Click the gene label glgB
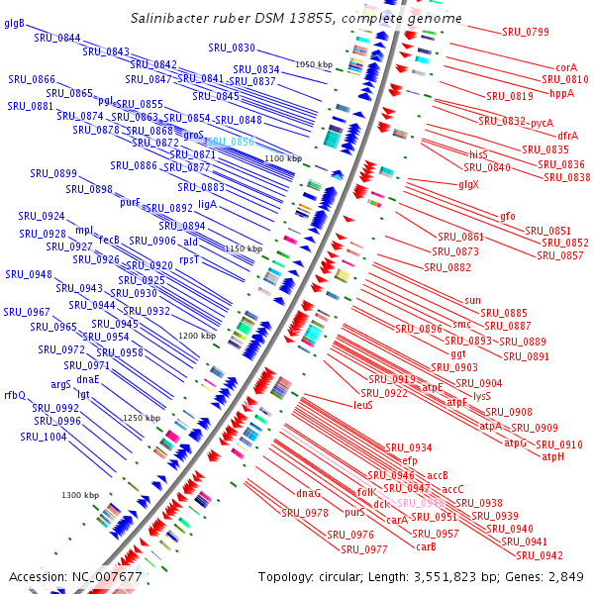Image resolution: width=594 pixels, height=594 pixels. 15,23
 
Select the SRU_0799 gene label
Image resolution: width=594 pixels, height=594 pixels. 525,32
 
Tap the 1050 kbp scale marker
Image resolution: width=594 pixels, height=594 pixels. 314,64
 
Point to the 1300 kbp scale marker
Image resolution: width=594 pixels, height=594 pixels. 80,495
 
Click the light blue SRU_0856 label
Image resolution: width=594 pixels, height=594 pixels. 230,143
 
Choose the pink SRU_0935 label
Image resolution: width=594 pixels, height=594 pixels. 421,503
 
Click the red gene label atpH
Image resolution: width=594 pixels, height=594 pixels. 552,456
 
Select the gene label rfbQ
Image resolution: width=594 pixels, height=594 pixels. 15,395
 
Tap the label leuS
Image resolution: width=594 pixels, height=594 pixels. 362,405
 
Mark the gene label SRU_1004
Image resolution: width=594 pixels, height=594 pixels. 44,436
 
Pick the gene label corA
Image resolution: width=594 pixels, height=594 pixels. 566,66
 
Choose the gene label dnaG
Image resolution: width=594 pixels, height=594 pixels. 309,492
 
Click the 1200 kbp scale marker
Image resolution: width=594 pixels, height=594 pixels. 197,336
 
